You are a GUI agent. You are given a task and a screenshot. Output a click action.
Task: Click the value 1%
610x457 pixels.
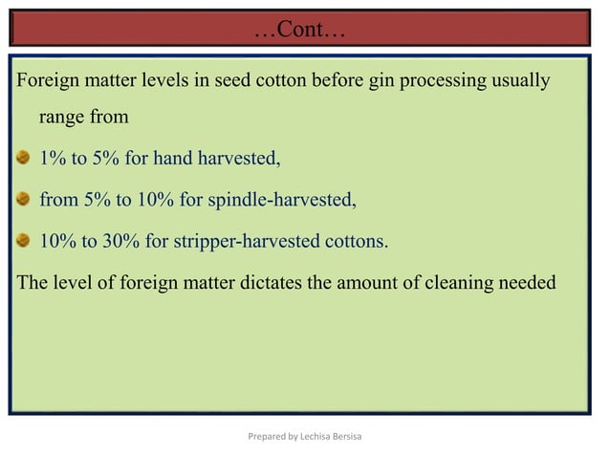[x=53, y=159]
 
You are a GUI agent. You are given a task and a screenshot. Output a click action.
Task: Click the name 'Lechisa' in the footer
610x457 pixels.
[x=316, y=437]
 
